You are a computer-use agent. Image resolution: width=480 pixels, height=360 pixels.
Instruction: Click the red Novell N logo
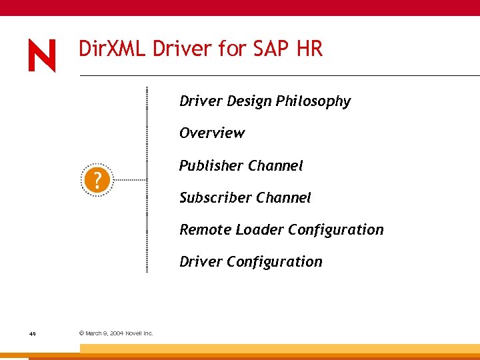[x=42, y=56]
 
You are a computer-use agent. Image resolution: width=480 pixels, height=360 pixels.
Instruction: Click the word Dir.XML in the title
[x=113, y=49]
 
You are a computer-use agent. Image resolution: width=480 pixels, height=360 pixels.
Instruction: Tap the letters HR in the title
[x=310, y=49]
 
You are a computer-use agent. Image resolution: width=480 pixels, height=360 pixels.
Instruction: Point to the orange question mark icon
[x=97, y=180]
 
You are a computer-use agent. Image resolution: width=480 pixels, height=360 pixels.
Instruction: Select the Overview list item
[x=211, y=133]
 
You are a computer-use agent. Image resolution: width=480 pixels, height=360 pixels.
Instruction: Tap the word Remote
[x=204, y=230]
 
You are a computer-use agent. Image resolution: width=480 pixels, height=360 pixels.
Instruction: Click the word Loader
[x=256, y=230]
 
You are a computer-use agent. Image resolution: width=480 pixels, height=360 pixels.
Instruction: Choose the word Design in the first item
[x=249, y=101]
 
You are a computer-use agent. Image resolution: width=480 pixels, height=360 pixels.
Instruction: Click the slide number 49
[x=33, y=333]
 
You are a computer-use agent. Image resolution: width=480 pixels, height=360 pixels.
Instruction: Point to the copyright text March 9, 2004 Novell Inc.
[x=116, y=333]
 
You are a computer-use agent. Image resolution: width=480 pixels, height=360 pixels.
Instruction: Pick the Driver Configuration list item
[x=251, y=262]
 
